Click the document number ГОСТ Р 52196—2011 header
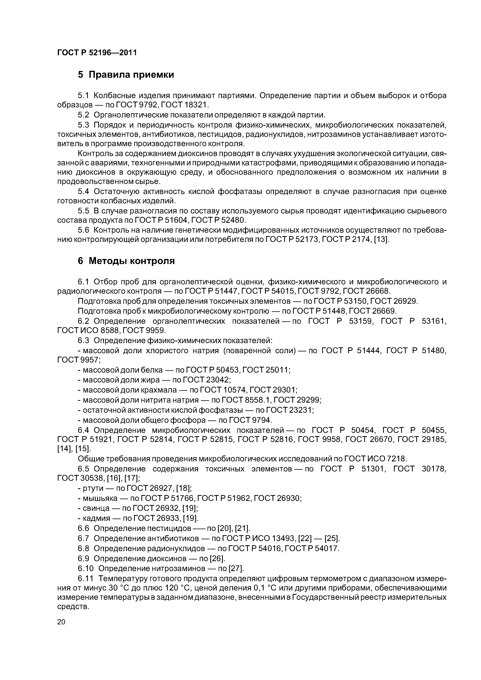coord(97,53)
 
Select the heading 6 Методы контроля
coord(126,261)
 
